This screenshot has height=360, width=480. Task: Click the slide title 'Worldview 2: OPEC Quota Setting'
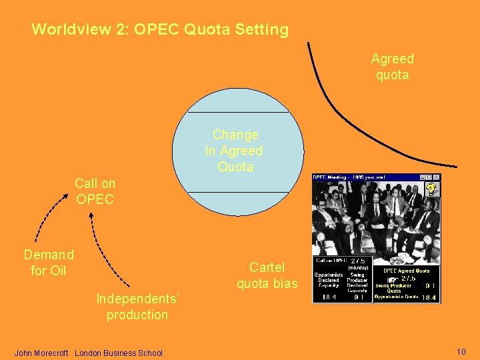pos(160,30)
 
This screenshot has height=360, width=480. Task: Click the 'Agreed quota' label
pos(392,67)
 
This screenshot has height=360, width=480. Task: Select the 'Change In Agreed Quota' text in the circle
pos(235,151)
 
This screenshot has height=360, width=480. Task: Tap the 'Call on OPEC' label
pos(95,191)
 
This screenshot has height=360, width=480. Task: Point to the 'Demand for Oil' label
pos(48,262)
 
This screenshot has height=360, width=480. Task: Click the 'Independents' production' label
pos(137,307)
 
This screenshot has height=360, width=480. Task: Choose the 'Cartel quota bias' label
pos(267,275)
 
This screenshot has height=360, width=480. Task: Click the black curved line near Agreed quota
pos(347,113)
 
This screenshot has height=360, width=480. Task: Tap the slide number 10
pos(461,352)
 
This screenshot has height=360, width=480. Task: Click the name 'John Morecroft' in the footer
pos(41,353)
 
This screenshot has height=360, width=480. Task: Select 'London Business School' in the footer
pos(119,353)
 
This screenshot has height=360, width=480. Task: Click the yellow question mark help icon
pos(431,189)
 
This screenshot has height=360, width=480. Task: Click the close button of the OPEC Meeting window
pos(437,177)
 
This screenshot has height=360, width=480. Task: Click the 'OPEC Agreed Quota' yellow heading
pos(406,271)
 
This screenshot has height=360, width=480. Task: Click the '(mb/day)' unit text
pos(359,268)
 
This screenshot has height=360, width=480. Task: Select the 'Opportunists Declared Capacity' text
pos(329,280)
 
